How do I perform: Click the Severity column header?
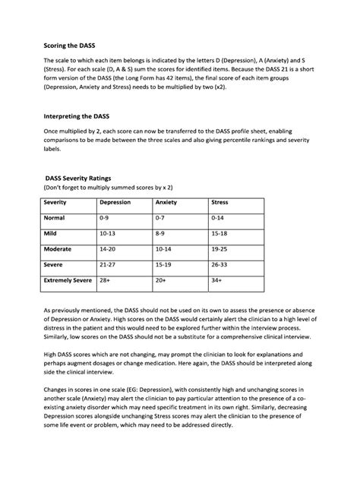tap(55, 203)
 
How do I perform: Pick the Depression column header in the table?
tap(115, 203)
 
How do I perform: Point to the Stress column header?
tap(219, 203)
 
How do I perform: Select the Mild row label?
tap(51, 233)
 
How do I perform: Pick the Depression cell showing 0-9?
tap(106, 218)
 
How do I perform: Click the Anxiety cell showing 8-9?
tap(160, 233)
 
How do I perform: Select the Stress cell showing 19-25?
tap(220, 248)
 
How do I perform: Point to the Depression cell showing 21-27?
tap(109, 264)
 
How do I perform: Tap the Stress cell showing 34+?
tap(217, 280)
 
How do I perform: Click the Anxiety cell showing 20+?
tap(160, 280)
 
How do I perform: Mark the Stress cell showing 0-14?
tap(218, 218)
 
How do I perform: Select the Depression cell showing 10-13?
tap(109, 233)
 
